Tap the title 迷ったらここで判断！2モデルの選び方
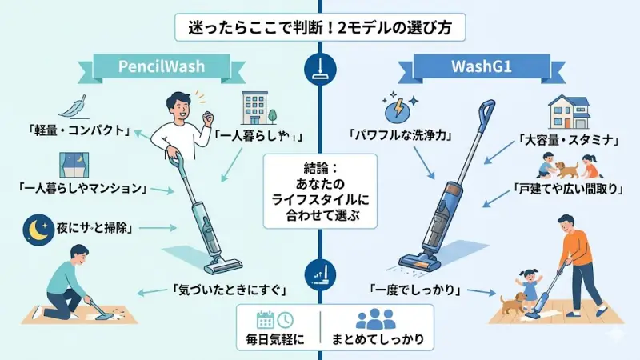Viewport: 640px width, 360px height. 320,26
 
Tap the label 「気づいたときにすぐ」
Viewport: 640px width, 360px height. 219,289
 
